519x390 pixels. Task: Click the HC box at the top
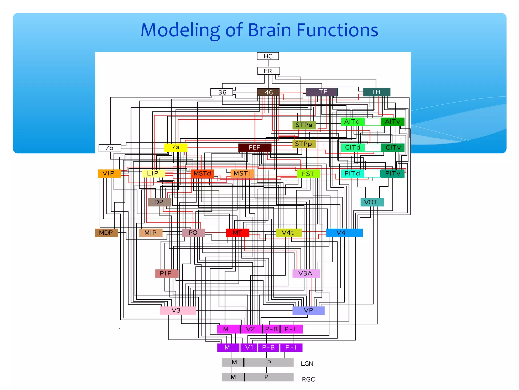[268, 56]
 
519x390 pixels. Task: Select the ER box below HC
[268, 71]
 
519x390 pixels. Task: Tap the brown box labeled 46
[268, 92]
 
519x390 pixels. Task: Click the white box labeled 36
[222, 92]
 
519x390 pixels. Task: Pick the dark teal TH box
[376, 92]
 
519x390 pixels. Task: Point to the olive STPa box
[304, 125]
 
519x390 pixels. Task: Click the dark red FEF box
[255, 148]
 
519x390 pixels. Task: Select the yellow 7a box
[176, 147]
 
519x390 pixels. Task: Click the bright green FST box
[308, 174]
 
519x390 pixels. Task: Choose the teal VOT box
[372, 202]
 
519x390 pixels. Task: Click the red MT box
[237, 233]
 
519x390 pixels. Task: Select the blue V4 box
[344, 233]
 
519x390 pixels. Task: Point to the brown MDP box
[106, 233]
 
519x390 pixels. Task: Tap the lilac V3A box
[306, 273]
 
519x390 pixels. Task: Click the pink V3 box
[178, 310]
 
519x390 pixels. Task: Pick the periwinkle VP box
[308, 311]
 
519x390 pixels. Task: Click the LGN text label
[307, 364]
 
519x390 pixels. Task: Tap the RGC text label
[308, 379]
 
